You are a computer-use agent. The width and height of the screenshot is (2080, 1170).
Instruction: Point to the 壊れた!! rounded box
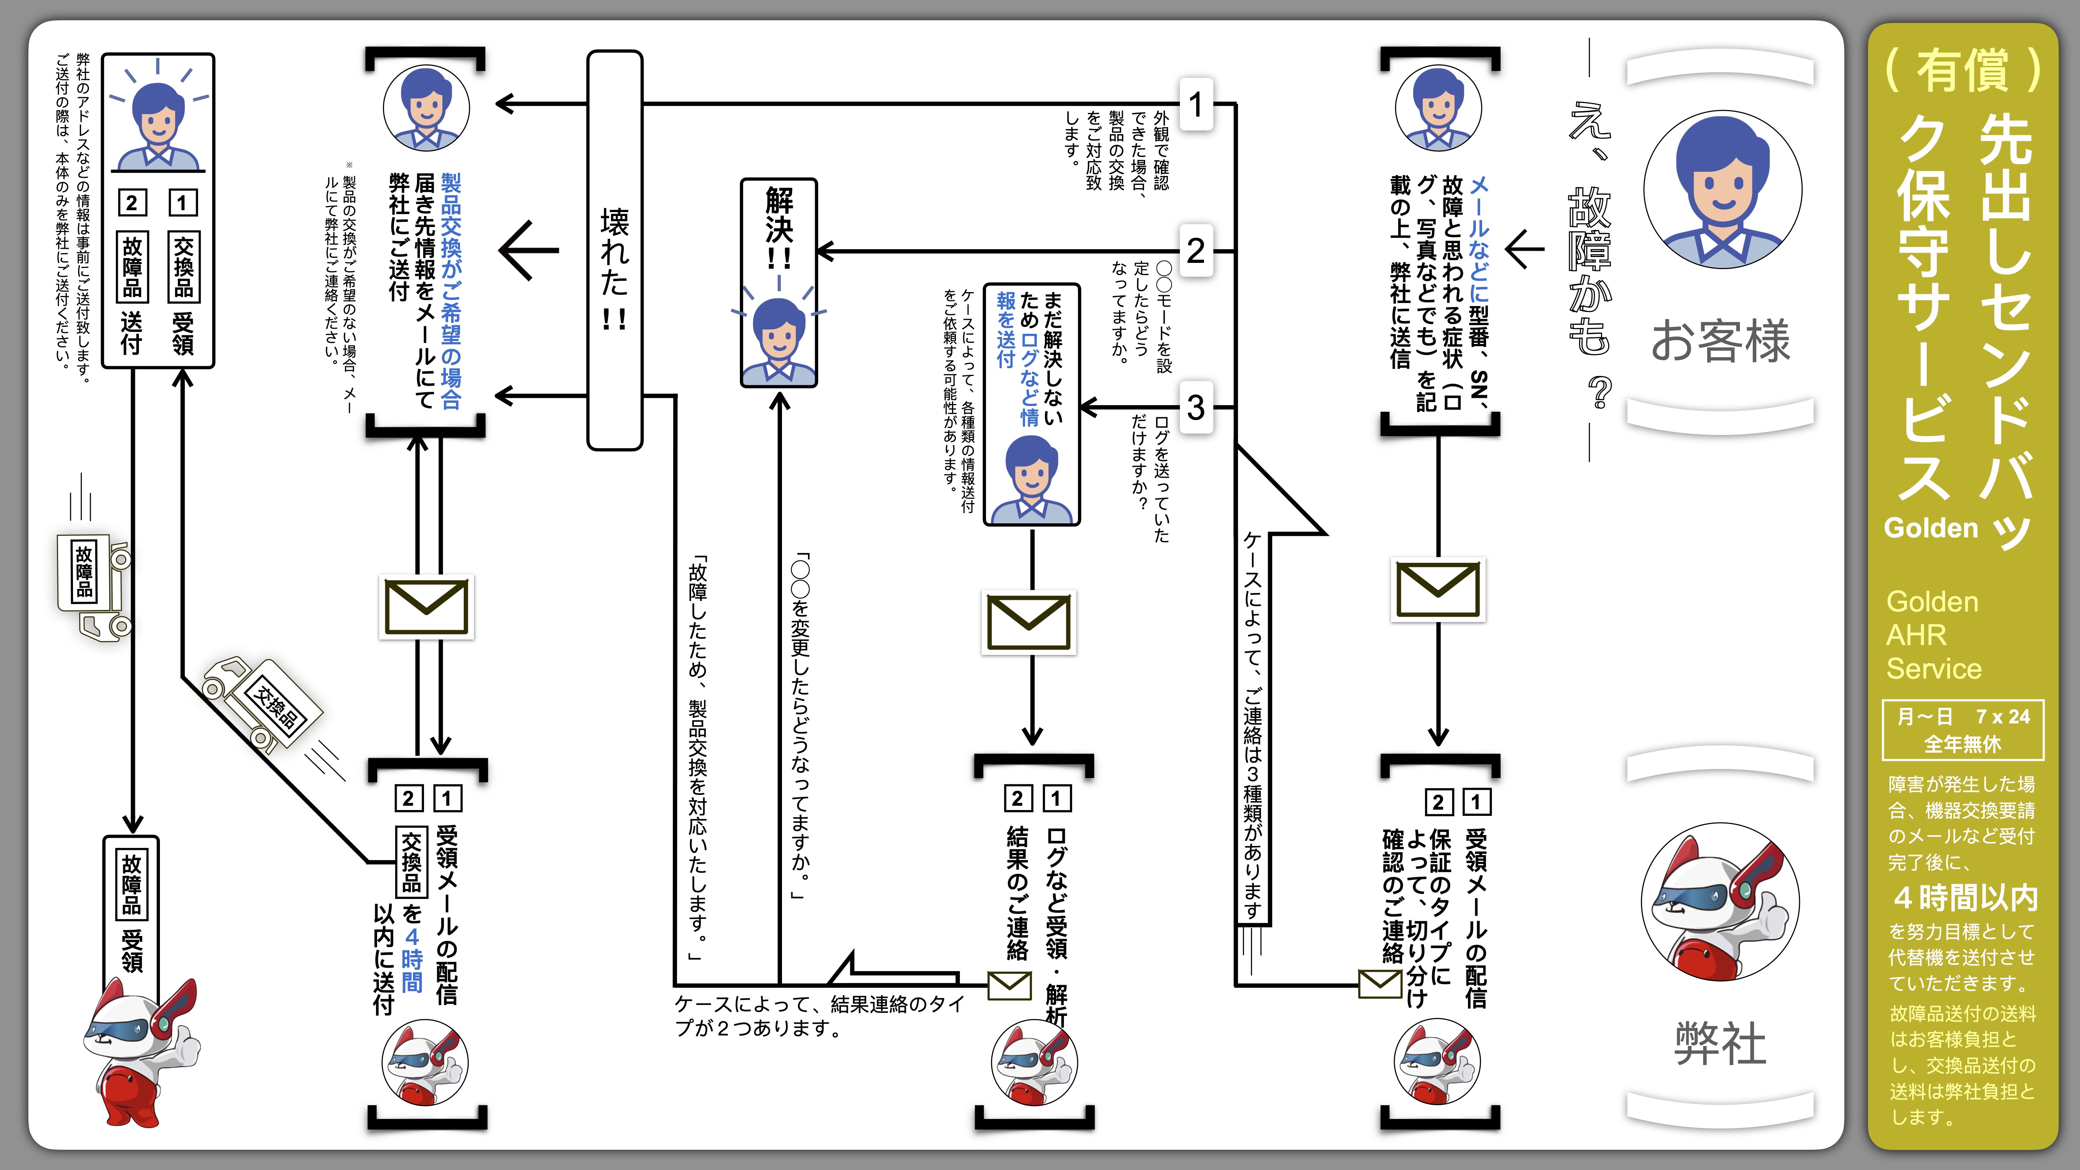(614, 250)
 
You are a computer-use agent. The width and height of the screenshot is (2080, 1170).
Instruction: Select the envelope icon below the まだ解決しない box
(1029, 622)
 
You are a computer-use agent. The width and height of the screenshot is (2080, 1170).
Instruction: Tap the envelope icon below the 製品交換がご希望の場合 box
(426, 607)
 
